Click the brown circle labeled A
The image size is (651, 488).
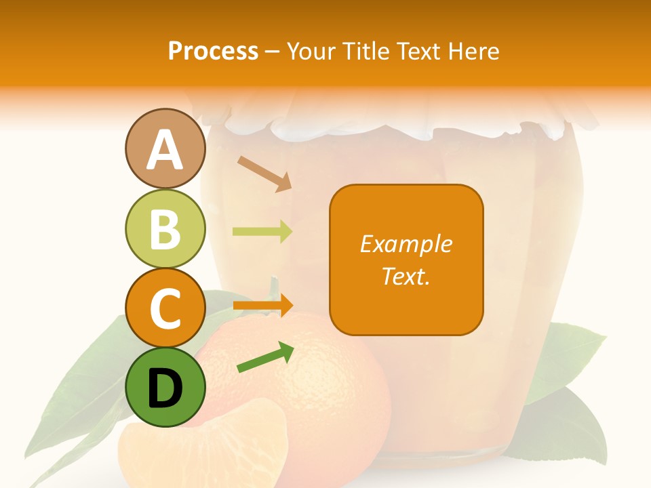click(165, 149)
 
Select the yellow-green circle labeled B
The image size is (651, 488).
click(165, 228)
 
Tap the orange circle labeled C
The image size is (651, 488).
click(165, 308)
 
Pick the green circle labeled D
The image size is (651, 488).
click(165, 387)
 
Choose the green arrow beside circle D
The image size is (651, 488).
click(265, 358)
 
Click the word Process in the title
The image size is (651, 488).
click(213, 51)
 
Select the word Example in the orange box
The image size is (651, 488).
click(406, 244)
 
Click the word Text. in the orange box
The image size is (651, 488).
click(406, 276)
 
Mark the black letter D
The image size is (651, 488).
click(165, 388)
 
